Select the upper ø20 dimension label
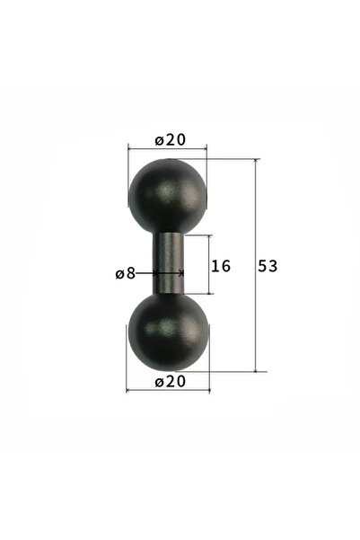[168, 140]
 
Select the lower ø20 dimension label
[169, 382]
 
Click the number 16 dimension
[220, 266]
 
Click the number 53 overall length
[268, 266]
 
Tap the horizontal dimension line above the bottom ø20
[168, 390]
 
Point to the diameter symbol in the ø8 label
[119, 273]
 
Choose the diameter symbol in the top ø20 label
[158, 140]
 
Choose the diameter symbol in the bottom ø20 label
[159, 382]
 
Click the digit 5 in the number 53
[262, 266]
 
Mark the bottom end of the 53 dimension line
[256, 370]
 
